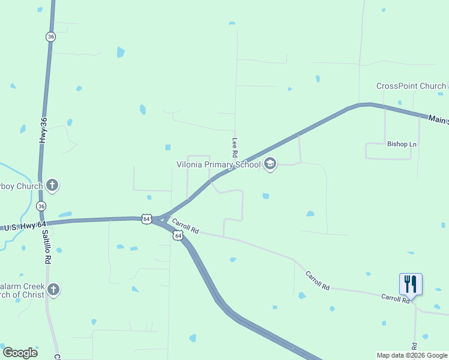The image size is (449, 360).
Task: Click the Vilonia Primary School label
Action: tap(218, 164)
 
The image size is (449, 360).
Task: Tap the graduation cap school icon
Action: tap(270, 164)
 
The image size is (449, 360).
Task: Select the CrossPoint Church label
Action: tap(411, 86)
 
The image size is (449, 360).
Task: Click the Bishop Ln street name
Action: tap(402, 144)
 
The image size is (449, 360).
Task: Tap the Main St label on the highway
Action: tap(438, 119)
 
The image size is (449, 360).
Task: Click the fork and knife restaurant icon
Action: tap(411, 283)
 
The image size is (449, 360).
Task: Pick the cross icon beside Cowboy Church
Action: tap(52, 185)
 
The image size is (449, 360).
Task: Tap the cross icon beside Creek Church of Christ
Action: tap(53, 290)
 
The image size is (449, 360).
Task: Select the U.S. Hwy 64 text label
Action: tap(25, 227)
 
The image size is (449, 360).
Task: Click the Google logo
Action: tap(20, 353)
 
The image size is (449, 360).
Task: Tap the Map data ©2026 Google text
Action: tap(412, 355)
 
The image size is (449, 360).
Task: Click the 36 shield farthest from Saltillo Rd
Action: tap(50, 37)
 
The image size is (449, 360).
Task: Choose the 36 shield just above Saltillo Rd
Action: tap(41, 206)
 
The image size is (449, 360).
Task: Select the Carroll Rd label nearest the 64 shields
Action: tap(185, 226)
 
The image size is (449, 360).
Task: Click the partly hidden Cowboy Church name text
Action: tap(22, 186)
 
